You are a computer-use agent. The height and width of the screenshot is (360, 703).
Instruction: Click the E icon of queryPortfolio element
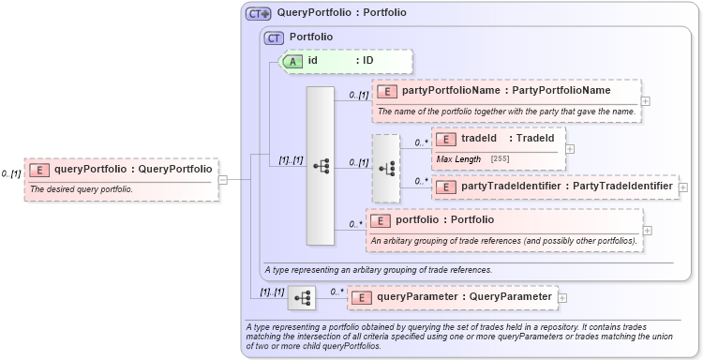click(39, 170)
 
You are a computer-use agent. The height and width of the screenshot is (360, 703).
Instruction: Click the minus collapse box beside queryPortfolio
click(222, 179)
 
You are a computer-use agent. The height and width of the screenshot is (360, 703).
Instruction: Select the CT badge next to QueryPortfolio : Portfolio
click(258, 13)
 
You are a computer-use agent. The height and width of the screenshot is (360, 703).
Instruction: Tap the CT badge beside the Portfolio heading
click(274, 37)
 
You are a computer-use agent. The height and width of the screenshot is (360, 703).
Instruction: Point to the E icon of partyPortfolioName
click(386, 91)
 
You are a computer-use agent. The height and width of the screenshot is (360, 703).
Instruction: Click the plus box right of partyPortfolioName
click(646, 100)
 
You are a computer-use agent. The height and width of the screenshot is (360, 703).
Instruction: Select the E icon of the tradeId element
click(446, 139)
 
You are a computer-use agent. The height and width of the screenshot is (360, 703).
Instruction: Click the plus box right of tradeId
click(570, 148)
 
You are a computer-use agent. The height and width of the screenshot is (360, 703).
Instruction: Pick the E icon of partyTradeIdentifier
click(446, 187)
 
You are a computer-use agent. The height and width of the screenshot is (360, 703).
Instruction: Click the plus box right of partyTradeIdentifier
click(682, 187)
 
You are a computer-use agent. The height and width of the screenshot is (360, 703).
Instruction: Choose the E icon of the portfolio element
click(381, 220)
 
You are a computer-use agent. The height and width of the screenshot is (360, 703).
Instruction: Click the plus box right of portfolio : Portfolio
click(646, 230)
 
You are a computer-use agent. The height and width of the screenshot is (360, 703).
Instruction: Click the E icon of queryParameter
click(361, 297)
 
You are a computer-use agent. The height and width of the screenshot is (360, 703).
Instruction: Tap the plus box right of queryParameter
click(562, 297)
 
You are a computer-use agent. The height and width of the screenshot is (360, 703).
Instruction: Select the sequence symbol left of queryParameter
click(302, 298)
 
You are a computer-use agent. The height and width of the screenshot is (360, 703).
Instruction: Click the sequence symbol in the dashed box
click(385, 169)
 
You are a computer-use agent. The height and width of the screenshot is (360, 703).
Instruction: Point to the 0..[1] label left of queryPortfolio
click(11, 173)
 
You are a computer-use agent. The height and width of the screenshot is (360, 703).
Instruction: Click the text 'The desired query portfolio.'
click(82, 189)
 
